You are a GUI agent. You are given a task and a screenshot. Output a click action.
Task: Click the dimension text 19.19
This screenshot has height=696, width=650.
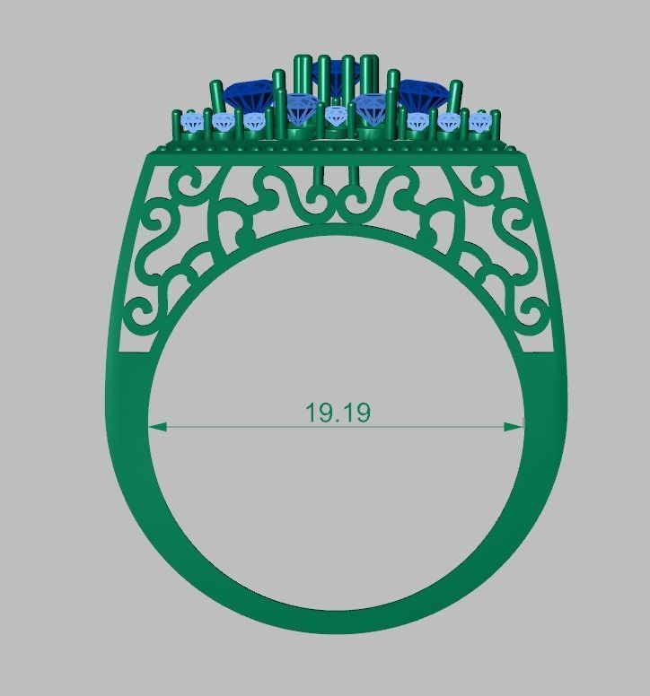tap(338, 413)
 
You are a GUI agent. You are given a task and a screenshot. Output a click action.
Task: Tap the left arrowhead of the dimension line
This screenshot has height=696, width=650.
tap(155, 427)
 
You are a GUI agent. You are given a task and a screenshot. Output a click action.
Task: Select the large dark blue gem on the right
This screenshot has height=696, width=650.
tap(423, 92)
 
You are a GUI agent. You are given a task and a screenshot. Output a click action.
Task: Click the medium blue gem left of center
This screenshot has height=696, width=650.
tap(300, 109)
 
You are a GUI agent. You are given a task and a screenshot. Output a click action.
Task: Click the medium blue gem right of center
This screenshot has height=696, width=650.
tap(369, 109)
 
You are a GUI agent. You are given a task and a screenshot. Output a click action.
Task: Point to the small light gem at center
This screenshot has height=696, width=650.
tap(336, 115)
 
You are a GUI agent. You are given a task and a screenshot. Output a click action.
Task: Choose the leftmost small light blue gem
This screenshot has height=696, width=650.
tap(191, 122)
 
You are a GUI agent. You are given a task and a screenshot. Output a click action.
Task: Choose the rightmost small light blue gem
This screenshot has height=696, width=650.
tap(479, 121)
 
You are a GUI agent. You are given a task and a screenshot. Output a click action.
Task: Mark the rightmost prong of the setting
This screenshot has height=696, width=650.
tap(495, 126)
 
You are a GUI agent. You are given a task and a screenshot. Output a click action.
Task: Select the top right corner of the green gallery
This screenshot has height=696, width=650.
tap(526, 155)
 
